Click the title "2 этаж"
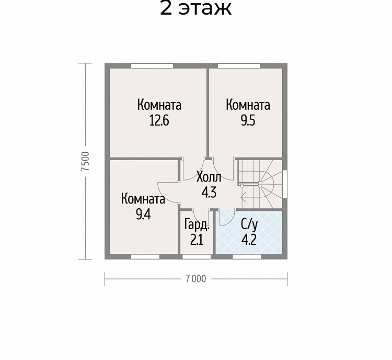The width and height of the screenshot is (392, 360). [x=196, y=8]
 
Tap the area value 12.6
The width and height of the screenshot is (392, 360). [x=159, y=120]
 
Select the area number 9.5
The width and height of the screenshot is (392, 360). [x=248, y=120]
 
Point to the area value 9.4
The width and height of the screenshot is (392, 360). [x=143, y=215]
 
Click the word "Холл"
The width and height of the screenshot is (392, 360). [x=209, y=177]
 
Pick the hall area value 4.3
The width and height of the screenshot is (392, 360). [x=209, y=192]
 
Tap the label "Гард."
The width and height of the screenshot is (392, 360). [x=197, y=224]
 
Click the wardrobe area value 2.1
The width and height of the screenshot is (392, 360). [x=197, y=240]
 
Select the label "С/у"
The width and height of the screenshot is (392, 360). [x=249, y=224]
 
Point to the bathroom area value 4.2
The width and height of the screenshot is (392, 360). [x=249, y=240]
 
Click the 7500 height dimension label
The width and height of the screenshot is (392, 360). [x=86, y=161]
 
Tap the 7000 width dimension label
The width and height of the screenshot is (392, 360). [x=196, y=279]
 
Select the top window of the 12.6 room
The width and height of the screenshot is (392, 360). [x=152, y=66]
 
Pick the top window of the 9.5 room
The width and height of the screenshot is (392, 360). [x=239, y=66]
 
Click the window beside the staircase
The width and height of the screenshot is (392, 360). [x=285, y=184]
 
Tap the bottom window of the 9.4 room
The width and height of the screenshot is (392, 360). [x=145, y=257]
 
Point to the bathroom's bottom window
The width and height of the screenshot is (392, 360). [x=247, y=257]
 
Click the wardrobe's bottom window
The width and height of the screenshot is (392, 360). [x=197, y=257]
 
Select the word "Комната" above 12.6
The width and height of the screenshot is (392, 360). [x=159, y=105]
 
